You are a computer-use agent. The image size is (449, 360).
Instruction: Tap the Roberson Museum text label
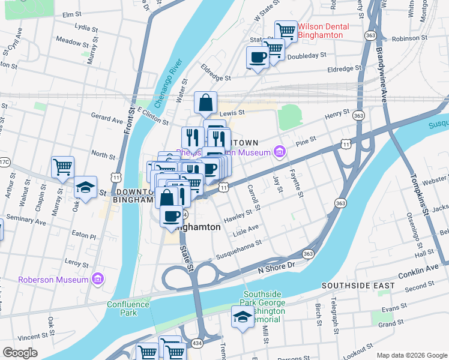click(53, 280)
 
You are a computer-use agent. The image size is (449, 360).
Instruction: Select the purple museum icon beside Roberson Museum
click(98, 280)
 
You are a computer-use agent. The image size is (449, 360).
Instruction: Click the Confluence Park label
click(128, 308)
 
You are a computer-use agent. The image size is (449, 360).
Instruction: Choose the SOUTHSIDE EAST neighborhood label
click(358, 286)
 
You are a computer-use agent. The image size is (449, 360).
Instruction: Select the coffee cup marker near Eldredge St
click(258, 58)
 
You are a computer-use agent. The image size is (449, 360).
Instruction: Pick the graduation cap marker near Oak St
click(85, 187)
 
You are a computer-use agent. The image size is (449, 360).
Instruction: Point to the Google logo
click(20, 353)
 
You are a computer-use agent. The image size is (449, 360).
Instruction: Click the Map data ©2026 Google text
click(412, 355)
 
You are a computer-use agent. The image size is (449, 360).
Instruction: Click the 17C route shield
click(4, 162)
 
